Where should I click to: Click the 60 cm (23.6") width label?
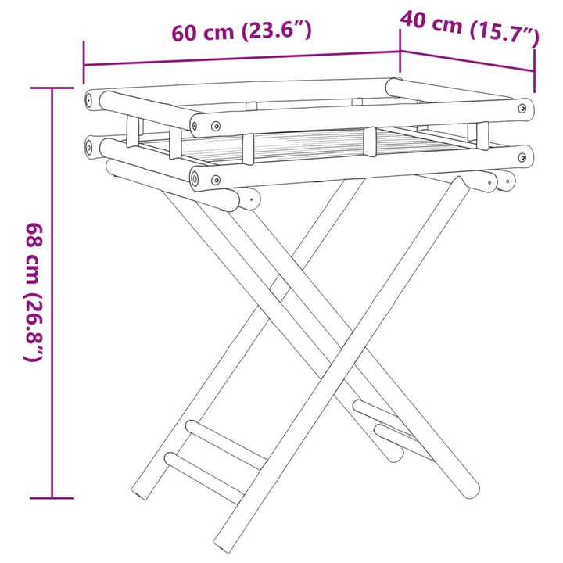coord(242,31)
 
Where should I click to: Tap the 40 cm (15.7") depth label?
coord(470,29)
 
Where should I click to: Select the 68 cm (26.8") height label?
coord(34,292)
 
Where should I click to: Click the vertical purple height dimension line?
coord(52,293)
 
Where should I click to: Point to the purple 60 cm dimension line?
coord(242,59)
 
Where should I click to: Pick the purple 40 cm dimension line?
coord(468,61)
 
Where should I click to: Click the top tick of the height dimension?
coord(52,88)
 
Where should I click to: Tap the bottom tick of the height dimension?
coord(52,498)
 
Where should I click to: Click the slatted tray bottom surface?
coord(309,144)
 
